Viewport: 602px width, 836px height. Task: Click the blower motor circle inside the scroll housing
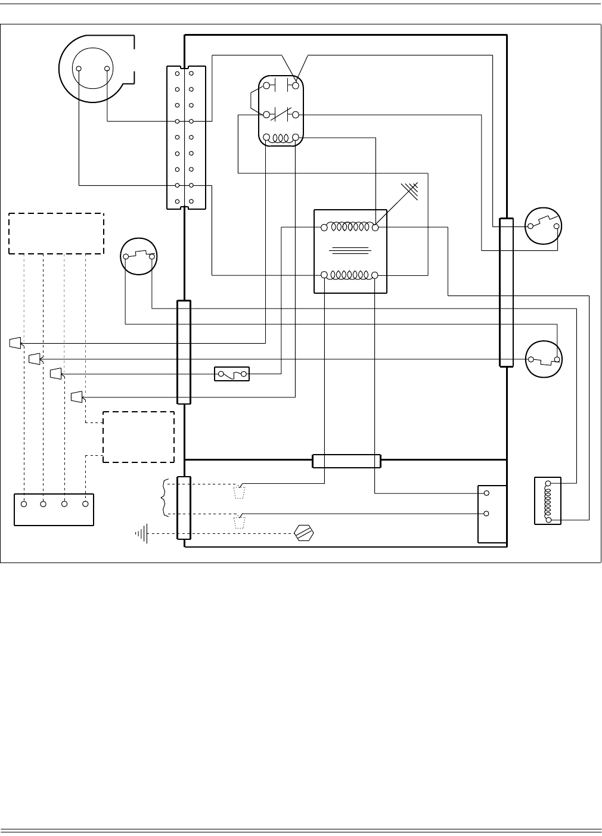pyautogui.click(x=93, y=69)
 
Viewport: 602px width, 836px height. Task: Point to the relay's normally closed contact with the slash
pyautogui.click(x=281, y=114)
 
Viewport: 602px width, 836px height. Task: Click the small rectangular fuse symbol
pyautogui.click(x=232, y=374)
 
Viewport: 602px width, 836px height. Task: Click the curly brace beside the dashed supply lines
pyautogui.click(x=163, y=498)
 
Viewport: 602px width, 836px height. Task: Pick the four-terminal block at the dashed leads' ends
pyautogui.click(x=54, y=509)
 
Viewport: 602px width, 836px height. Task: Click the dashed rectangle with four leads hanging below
pyautogui.click(x=56, y=233)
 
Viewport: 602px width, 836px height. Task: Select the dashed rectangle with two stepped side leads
pyautogui.click(x=138, y=437)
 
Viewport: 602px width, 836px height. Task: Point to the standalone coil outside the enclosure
pyautogui.click(x=548, y=501)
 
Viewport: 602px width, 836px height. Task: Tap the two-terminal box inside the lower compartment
pyautogui.click(x=492, y=514)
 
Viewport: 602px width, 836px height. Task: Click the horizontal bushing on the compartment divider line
pyautogui.click(x=346, y=461)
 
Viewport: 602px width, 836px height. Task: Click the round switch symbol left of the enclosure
pyautogui.click(x=138, y=257)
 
